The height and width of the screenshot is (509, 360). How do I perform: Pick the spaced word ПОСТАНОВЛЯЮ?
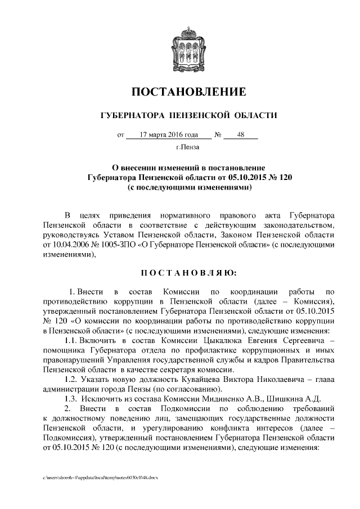(188, 273)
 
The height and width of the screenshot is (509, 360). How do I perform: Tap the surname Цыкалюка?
(188, 341)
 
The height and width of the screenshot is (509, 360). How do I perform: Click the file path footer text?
(101, 478)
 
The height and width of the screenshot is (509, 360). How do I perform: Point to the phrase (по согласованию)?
(182, 389)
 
